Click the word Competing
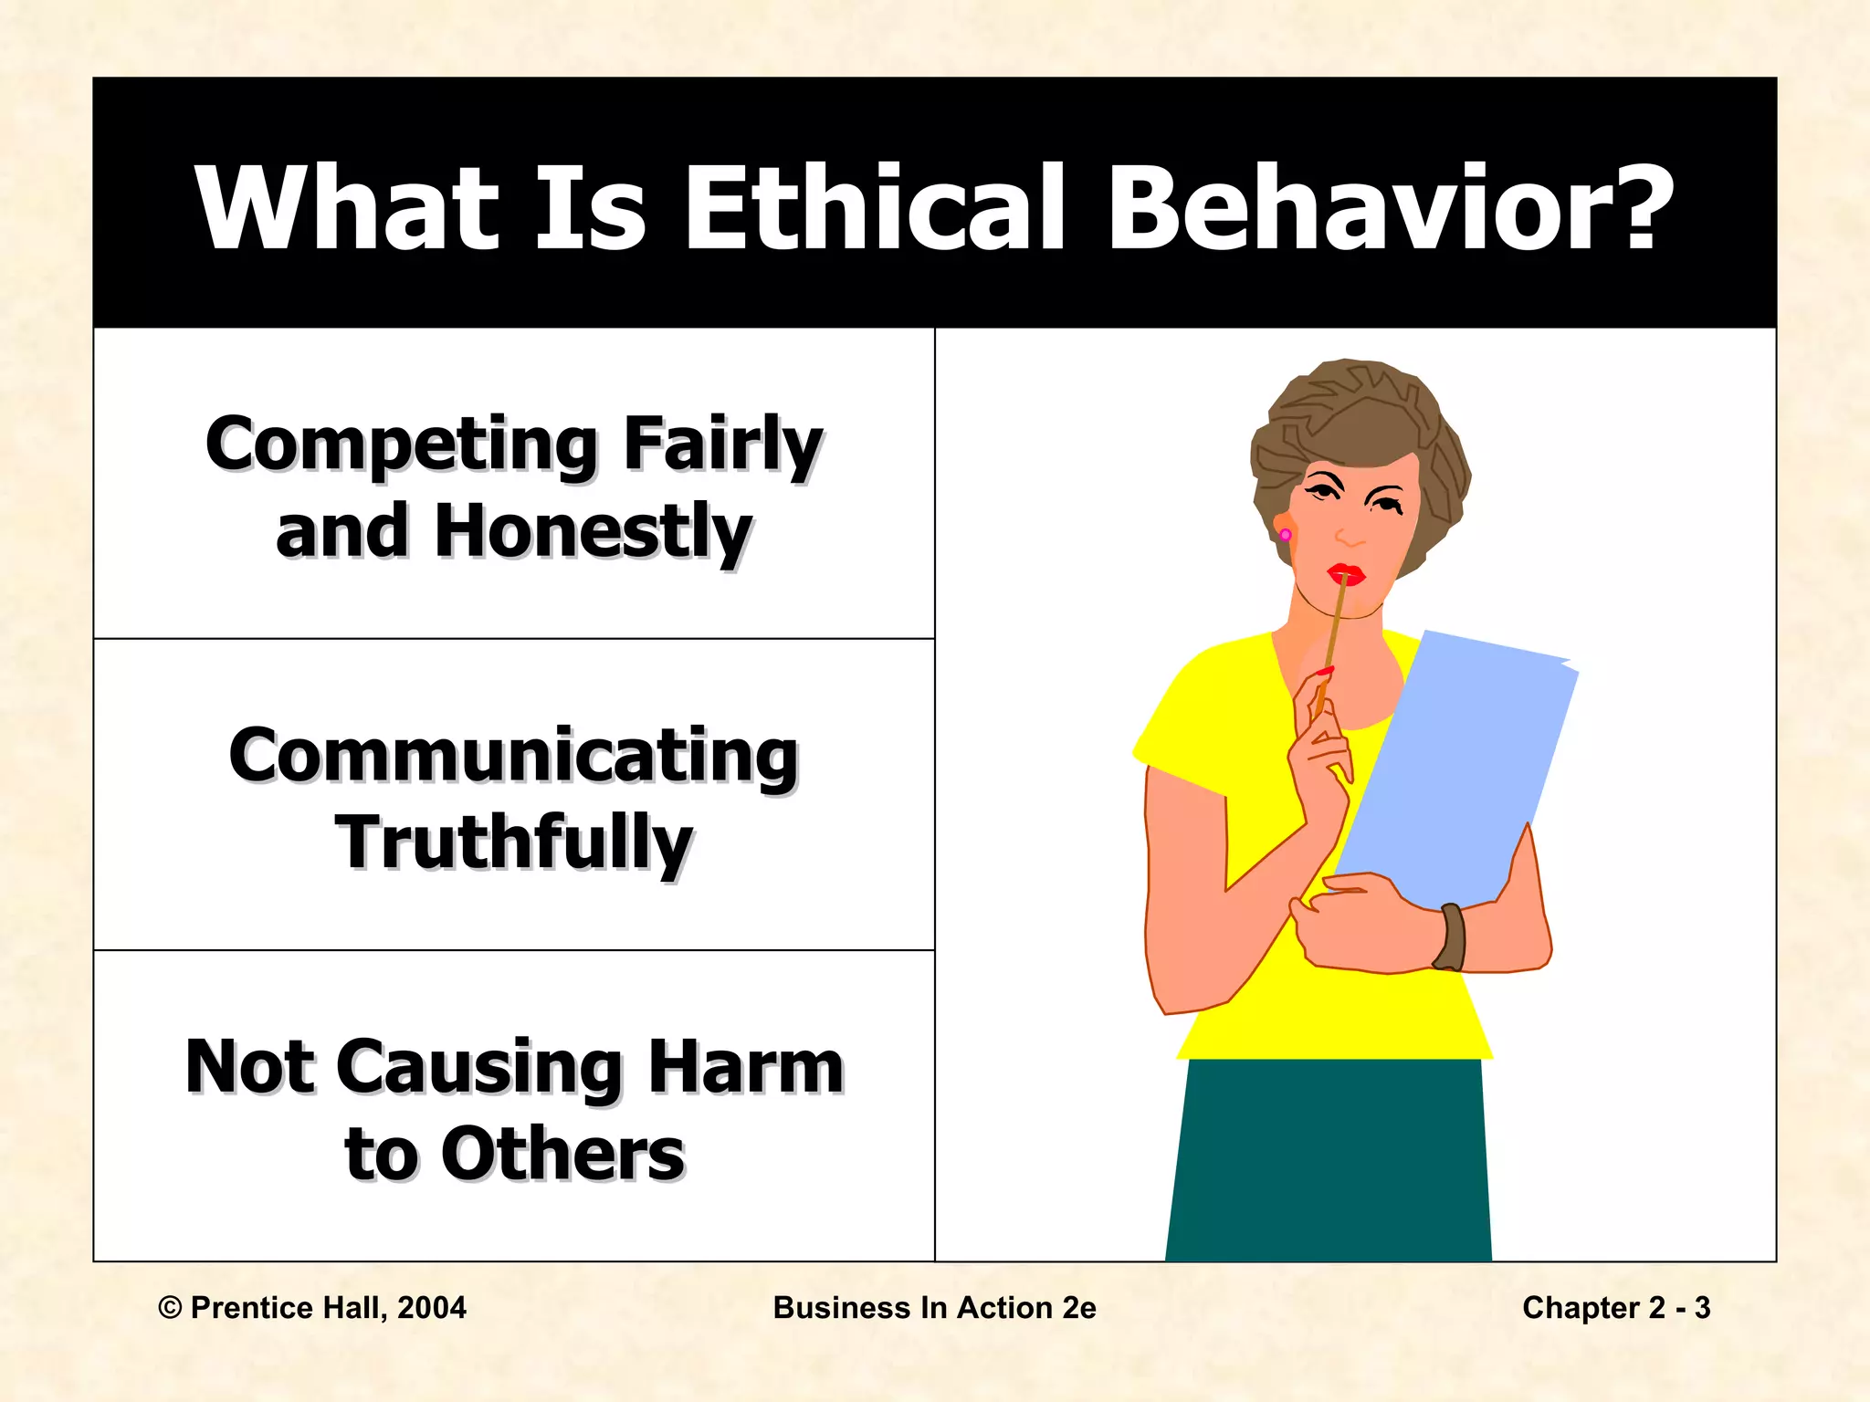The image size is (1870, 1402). [402, 445]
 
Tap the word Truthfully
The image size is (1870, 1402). [514, 843]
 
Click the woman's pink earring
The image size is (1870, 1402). [1285, 534]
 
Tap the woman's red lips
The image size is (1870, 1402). [1345, 574]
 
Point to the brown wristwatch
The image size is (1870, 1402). [1450, 936]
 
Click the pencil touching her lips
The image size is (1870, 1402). [1333, 639]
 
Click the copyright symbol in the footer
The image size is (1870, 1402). [170, 1308]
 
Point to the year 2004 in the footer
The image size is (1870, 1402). [432, 1308]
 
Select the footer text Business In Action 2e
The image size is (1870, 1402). [934, 1308]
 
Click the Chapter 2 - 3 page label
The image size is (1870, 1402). [1615, 1308]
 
